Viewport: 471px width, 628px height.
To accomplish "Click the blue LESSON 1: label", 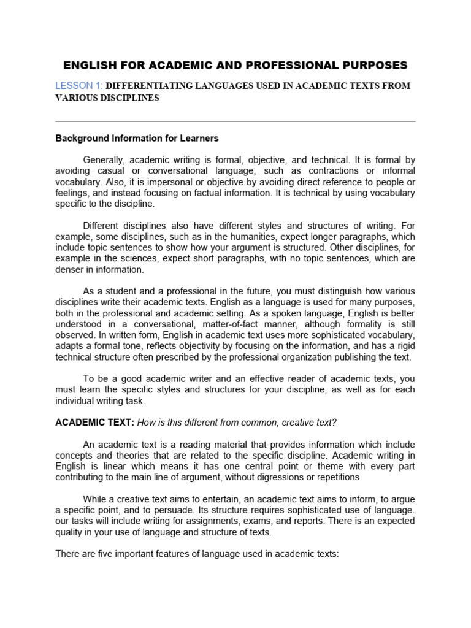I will [x=78, y=86].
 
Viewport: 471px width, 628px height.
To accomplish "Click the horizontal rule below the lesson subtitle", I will [x=235, y=121].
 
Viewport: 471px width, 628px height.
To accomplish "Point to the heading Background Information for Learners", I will [x=137, y=139].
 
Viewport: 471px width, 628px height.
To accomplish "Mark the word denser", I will [x=69, y=270].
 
